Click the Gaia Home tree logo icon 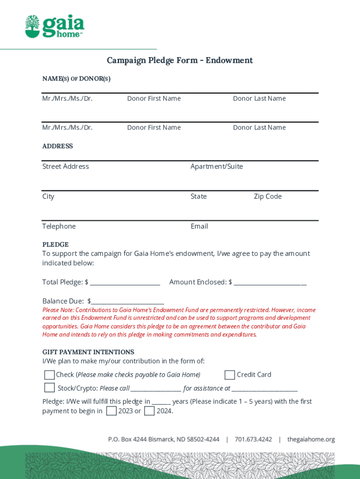click(x=33, y=26)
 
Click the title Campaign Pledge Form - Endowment click(x=180, y=60)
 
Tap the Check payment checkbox click(x=49, y=375)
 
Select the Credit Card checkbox click(x=230, y=375)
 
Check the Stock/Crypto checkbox click(x=49, y=388)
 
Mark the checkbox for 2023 click(x=111, y=411)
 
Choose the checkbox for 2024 click(x=149, y=411)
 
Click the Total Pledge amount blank click(x=125, y=283)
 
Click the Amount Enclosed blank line click(x=270, y=283)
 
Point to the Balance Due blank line click(x=128, y=302)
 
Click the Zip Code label click(x=267, y=196)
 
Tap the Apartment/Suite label click(x=216, y=167)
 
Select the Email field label click(x=199, y=226)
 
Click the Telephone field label click(x=59, y=226)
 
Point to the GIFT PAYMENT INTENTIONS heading click(x=88, y=352)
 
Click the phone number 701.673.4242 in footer click(x=253, y=439)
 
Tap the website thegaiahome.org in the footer click(x=311, y=439)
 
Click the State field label click(x=198, y=196)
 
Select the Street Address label click(x=65, y=167)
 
